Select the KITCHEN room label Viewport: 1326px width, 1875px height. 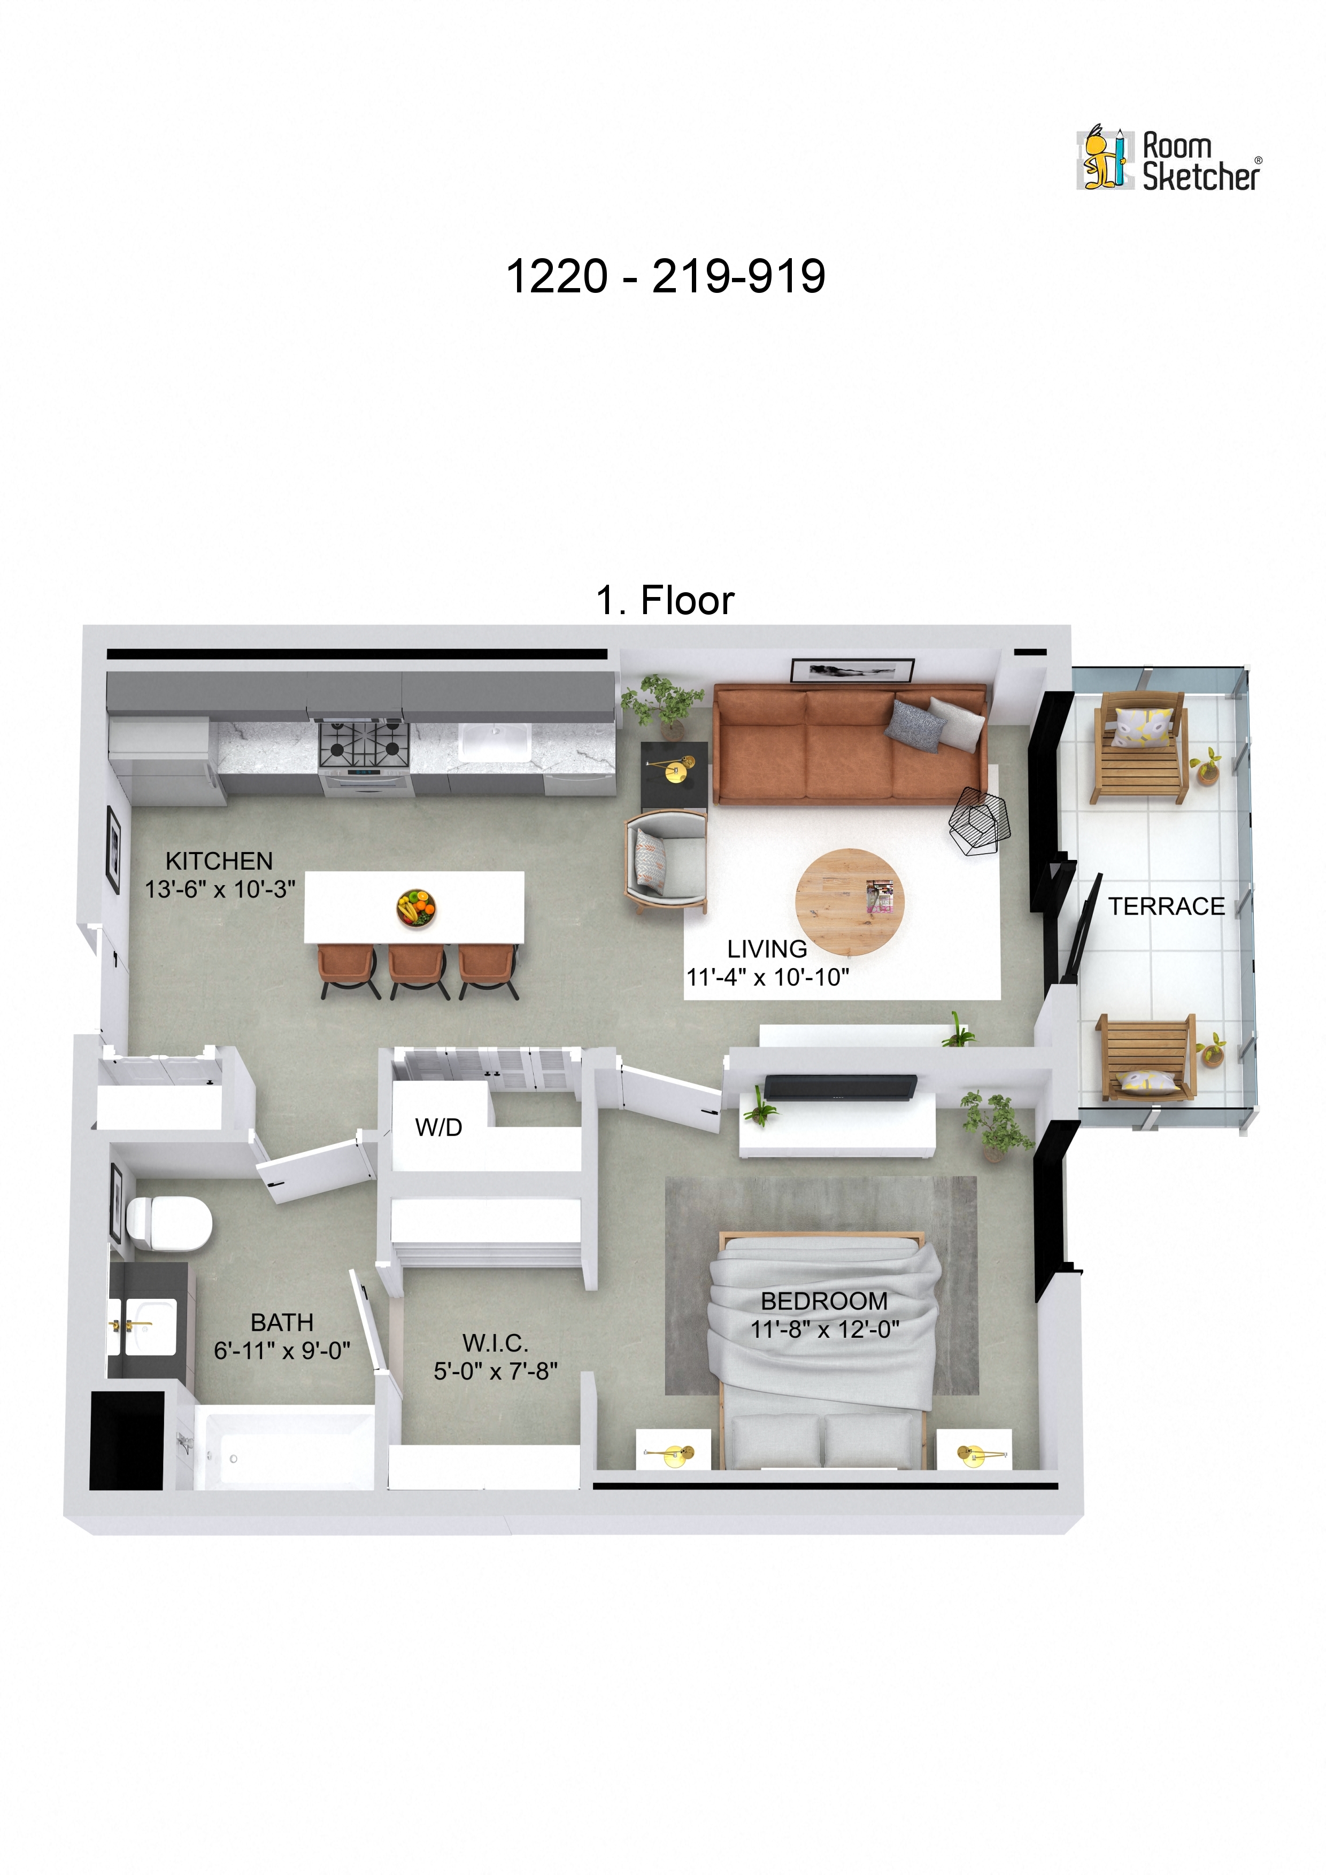[219, 861]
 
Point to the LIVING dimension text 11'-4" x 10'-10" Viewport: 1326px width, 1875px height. [767, 977]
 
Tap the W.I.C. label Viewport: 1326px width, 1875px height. [495, 1343]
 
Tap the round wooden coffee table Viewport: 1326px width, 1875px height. [849, 902]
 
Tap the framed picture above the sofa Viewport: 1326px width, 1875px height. [851, 670]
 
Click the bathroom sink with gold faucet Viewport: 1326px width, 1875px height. [147, 1326]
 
